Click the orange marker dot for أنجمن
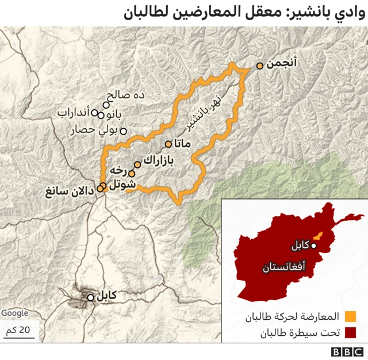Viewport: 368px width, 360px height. (260, 66)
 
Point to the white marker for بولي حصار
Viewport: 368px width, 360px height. (122, 131)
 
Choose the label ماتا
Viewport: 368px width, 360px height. (185, 143)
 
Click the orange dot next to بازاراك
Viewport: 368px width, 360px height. (137, 164)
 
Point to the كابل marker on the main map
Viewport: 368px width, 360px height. (90, 297)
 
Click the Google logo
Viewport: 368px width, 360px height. (14, 313)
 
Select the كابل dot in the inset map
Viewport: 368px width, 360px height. (314, 246)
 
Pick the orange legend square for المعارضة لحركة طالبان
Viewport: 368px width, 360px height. (350, 316)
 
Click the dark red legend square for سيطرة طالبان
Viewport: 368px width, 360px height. (350, 332)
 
